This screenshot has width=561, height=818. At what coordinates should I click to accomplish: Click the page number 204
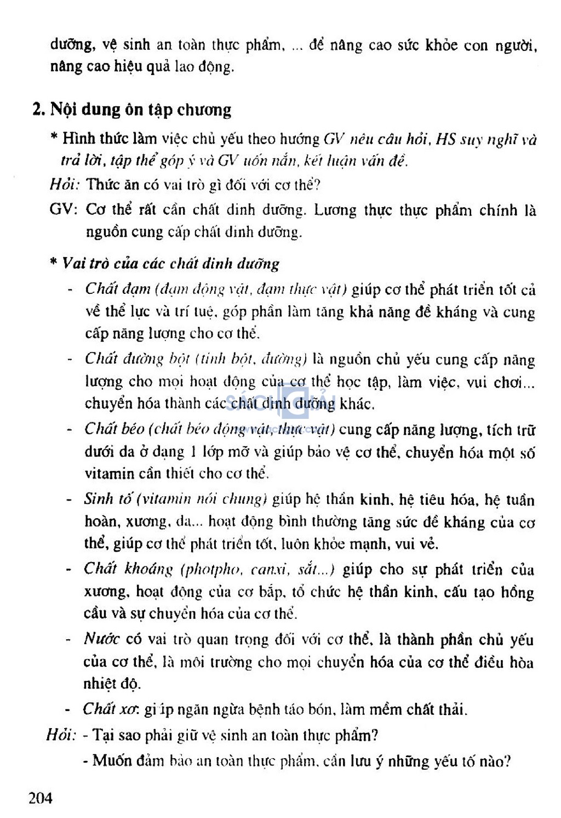(x=41, y=797)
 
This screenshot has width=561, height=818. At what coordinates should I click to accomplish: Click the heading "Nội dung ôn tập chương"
(x=140, y=110)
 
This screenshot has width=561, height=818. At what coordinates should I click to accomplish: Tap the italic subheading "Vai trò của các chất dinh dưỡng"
(x=171, y=264)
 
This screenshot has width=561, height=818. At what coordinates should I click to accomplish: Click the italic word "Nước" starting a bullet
(x=101, y=639)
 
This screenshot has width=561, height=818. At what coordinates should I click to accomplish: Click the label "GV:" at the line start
(x=64, y=210)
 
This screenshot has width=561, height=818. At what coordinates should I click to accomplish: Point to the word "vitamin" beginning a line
(x=109, y=473)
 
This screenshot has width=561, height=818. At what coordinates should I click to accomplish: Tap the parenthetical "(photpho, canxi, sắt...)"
(x=258, y=569)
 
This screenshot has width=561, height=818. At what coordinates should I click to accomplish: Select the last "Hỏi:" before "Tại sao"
(x=61, y=735)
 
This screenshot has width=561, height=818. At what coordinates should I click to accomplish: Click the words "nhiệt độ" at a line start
(x=112, y=684)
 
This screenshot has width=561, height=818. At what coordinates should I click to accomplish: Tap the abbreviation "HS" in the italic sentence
(x=446, y=139)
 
